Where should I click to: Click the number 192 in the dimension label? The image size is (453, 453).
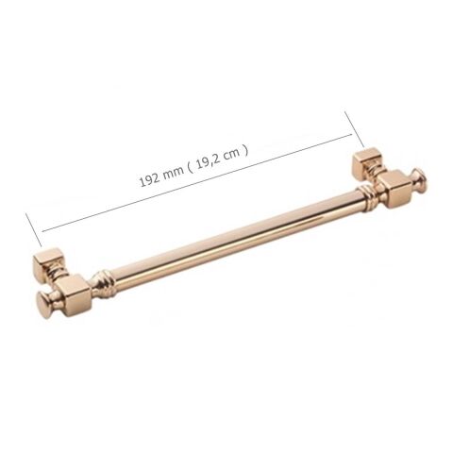pyautogui.click(x=148, y=179)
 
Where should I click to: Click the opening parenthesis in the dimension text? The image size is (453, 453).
pyautogui.click(x=190, y=167)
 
